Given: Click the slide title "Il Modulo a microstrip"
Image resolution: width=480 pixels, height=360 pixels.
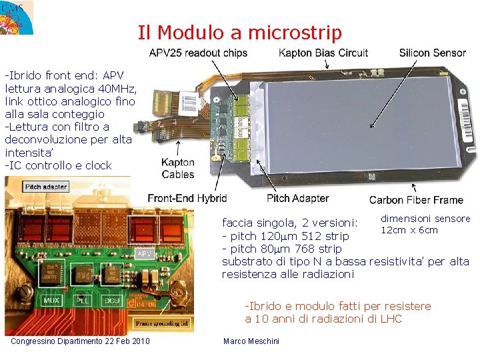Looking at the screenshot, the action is pyautogui.click(x=239, y=32).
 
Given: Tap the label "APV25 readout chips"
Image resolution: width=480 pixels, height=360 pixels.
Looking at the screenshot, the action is pyautogui.click(x=197, y=53).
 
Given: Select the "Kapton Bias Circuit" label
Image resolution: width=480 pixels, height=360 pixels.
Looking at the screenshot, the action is pyautogui.click(x=323, y=53).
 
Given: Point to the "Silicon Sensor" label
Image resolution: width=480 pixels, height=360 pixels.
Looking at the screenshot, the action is pyautogui.click(x=432, y=53).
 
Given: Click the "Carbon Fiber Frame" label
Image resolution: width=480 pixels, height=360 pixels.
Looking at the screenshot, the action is pyautogui.click(x=416, y=199).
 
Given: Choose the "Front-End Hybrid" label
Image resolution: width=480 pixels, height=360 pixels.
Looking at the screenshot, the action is pyautogui.click(x=187, y=198).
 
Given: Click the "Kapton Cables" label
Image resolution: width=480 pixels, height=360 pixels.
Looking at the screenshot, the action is pyautogui.click(x=178, y=168).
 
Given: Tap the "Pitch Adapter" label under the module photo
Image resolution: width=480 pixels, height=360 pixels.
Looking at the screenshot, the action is pyautogui.click(x=297, y=198).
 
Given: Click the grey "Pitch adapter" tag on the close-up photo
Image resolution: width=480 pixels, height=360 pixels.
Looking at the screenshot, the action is pyautogui.click(x=45, y=187).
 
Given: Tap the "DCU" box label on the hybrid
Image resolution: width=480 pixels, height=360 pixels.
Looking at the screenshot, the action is pyautogui.click(x=111, y=301).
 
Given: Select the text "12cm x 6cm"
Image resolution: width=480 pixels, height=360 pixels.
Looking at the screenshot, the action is pyautogui.click(x=409, y=230).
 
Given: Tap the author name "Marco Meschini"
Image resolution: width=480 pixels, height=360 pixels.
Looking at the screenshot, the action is pyautogui.click(x=251, y=341).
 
